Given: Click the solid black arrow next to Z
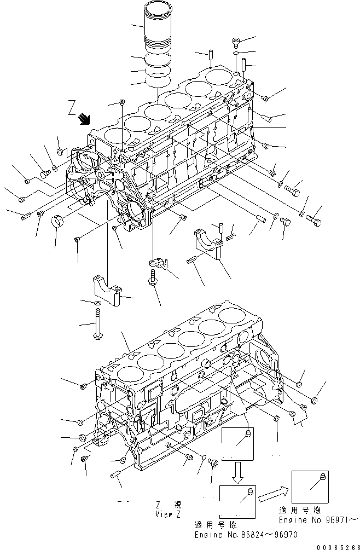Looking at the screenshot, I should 84,118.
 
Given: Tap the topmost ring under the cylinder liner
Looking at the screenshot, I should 158,60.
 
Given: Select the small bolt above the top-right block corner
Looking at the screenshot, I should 236,41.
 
